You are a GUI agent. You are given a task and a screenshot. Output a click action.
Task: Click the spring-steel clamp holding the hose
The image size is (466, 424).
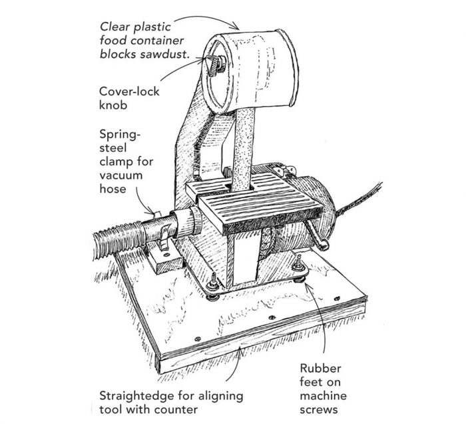pyautogui.click(x=160, y=230)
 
